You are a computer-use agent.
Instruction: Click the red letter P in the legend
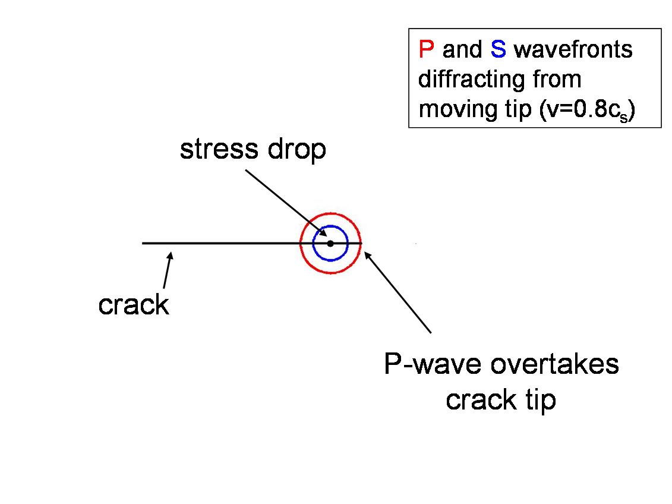click(426, 49)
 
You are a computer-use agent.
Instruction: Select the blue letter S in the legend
click(498, 49)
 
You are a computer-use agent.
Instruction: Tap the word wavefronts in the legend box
click(573, 49)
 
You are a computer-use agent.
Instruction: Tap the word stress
click(213, 150)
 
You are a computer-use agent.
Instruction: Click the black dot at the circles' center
click(330, 243)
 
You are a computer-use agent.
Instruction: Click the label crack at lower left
click(134, 305)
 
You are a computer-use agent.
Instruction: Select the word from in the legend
click(558, 79)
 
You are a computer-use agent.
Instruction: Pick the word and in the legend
click(462, 49)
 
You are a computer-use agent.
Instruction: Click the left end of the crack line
click(143, 243)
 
